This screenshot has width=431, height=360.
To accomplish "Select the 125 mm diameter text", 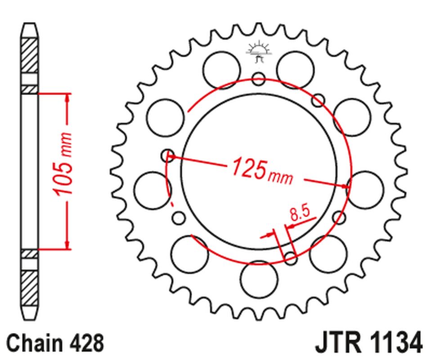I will pos(261,171).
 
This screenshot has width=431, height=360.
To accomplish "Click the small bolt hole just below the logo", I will pos(259,79).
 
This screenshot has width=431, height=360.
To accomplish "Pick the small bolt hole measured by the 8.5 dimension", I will pos(291,258).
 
